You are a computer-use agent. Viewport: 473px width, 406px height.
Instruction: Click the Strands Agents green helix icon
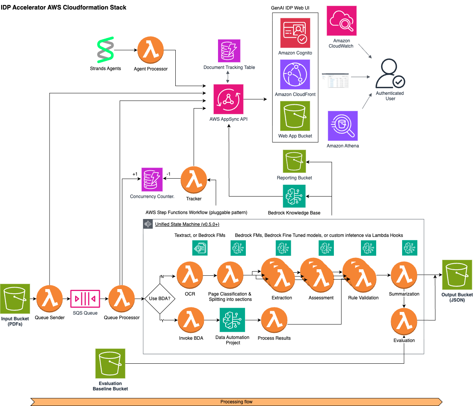coord(106,50)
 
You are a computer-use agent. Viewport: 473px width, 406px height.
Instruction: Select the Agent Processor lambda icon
coord(151,50)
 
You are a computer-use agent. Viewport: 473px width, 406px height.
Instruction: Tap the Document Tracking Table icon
coord(229,51)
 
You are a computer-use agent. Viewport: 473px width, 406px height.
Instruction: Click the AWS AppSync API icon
coord(228,99)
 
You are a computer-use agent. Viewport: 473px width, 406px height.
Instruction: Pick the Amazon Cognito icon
coord(295,33)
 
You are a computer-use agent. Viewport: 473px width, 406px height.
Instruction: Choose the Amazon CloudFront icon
coord(295,75)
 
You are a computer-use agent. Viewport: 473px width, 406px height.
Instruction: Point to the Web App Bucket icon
coord(295,116)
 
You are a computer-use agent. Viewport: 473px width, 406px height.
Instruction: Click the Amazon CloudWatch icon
coord(342,21)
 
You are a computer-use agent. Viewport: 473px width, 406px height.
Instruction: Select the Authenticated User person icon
coord(390,74)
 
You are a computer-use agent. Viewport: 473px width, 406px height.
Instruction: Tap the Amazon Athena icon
coord(343,126)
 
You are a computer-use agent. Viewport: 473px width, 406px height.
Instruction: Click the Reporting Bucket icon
coord(294,161)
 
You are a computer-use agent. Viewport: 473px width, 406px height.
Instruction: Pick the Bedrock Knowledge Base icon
coord(294,196)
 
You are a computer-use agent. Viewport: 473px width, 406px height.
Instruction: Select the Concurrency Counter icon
coord(152,179)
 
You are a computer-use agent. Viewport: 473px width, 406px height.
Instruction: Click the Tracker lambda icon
coord(194,180)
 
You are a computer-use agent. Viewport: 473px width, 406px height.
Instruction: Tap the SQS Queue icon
coord(85,299)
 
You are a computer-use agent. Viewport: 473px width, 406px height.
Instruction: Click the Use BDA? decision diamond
coord(160,299)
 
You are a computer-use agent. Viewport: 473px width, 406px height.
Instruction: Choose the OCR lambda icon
coord(190,275)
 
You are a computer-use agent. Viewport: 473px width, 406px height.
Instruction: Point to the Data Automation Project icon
coord(232,320)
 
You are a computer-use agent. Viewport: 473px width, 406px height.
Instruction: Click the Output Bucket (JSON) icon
coord(457,275)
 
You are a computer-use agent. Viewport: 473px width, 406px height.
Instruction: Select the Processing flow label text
coord(236,402)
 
